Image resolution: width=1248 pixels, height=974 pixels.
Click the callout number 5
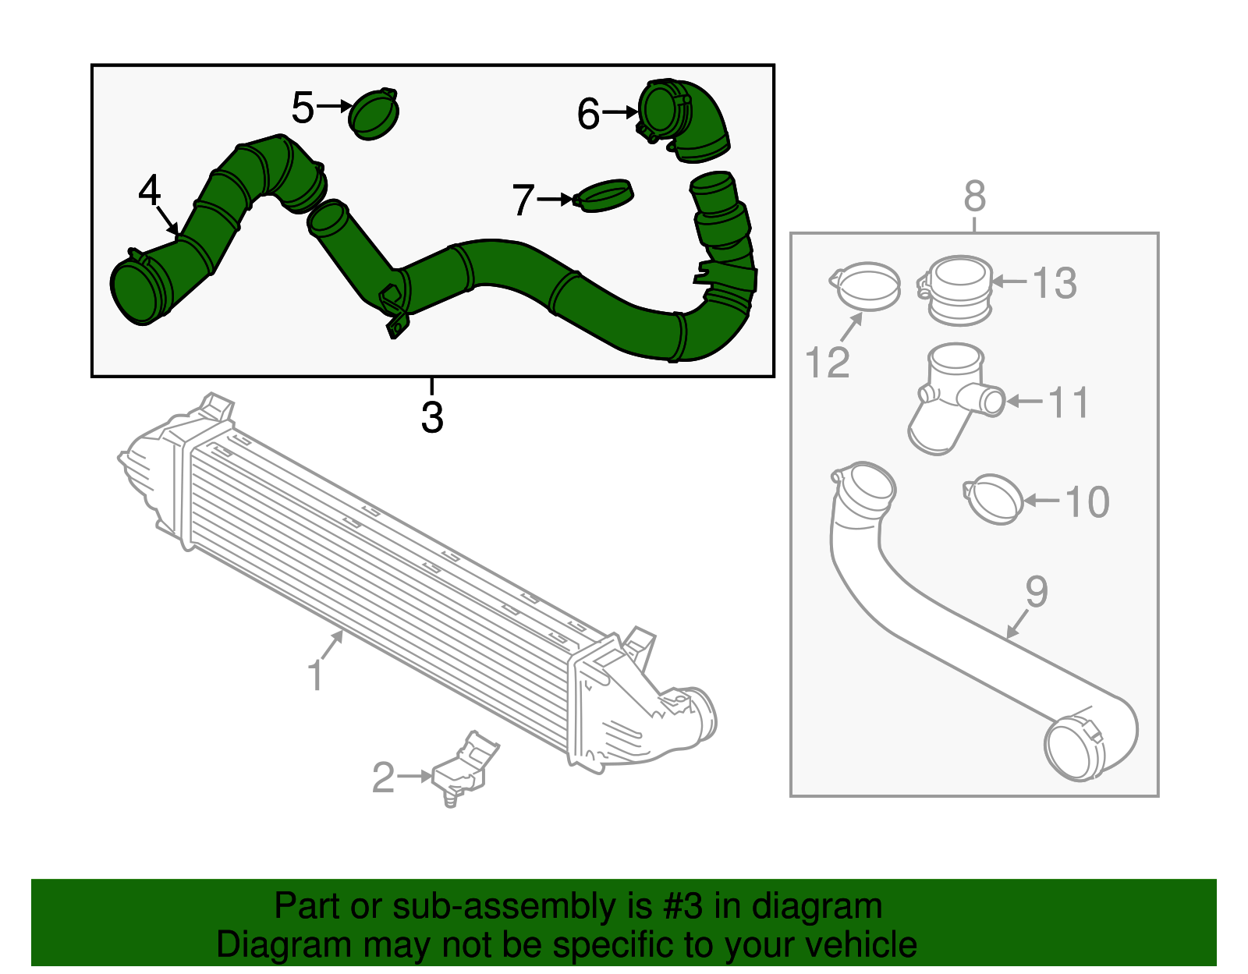point(303,108)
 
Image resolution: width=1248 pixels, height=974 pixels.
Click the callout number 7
point(523,200)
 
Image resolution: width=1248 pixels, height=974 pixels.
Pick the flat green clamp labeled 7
point(604,196)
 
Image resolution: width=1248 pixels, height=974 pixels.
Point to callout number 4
point(149,190)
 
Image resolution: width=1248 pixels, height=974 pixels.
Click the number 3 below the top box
point(432,416)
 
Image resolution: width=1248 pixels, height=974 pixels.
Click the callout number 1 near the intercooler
point(314,675)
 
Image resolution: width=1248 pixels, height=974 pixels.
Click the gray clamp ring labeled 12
point(865,286)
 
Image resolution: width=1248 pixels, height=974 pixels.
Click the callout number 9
point(1036,592)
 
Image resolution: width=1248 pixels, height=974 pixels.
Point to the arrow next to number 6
point(621,112)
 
